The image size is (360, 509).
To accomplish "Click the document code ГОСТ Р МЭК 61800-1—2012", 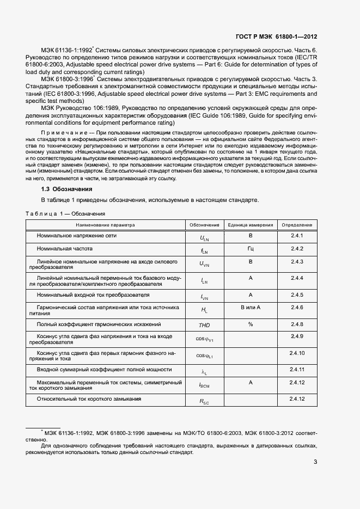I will point(276,36).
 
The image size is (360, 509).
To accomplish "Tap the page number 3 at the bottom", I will point(315,463).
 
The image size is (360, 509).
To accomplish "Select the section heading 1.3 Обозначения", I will point(66,189).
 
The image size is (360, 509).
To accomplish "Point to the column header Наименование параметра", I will point(105,225).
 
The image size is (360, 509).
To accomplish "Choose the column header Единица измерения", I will point(251,225).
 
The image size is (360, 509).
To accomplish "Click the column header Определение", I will point(297,225).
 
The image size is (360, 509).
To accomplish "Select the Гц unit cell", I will point(251,249).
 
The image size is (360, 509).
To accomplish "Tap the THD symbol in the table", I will point(204,325).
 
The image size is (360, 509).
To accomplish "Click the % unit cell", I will point(251,324).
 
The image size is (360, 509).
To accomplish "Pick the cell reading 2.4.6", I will point(297,308).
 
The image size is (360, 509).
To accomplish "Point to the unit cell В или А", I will point(251,308).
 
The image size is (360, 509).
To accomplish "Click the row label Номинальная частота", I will point(64,249).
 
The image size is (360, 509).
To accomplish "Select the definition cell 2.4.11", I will point(297,370).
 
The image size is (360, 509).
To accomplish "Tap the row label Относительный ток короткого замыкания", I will point(89,399).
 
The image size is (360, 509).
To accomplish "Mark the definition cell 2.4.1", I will point(297,236).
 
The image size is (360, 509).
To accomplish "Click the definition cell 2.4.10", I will point(297,353).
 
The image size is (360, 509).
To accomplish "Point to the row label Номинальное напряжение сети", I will point(77,236).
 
